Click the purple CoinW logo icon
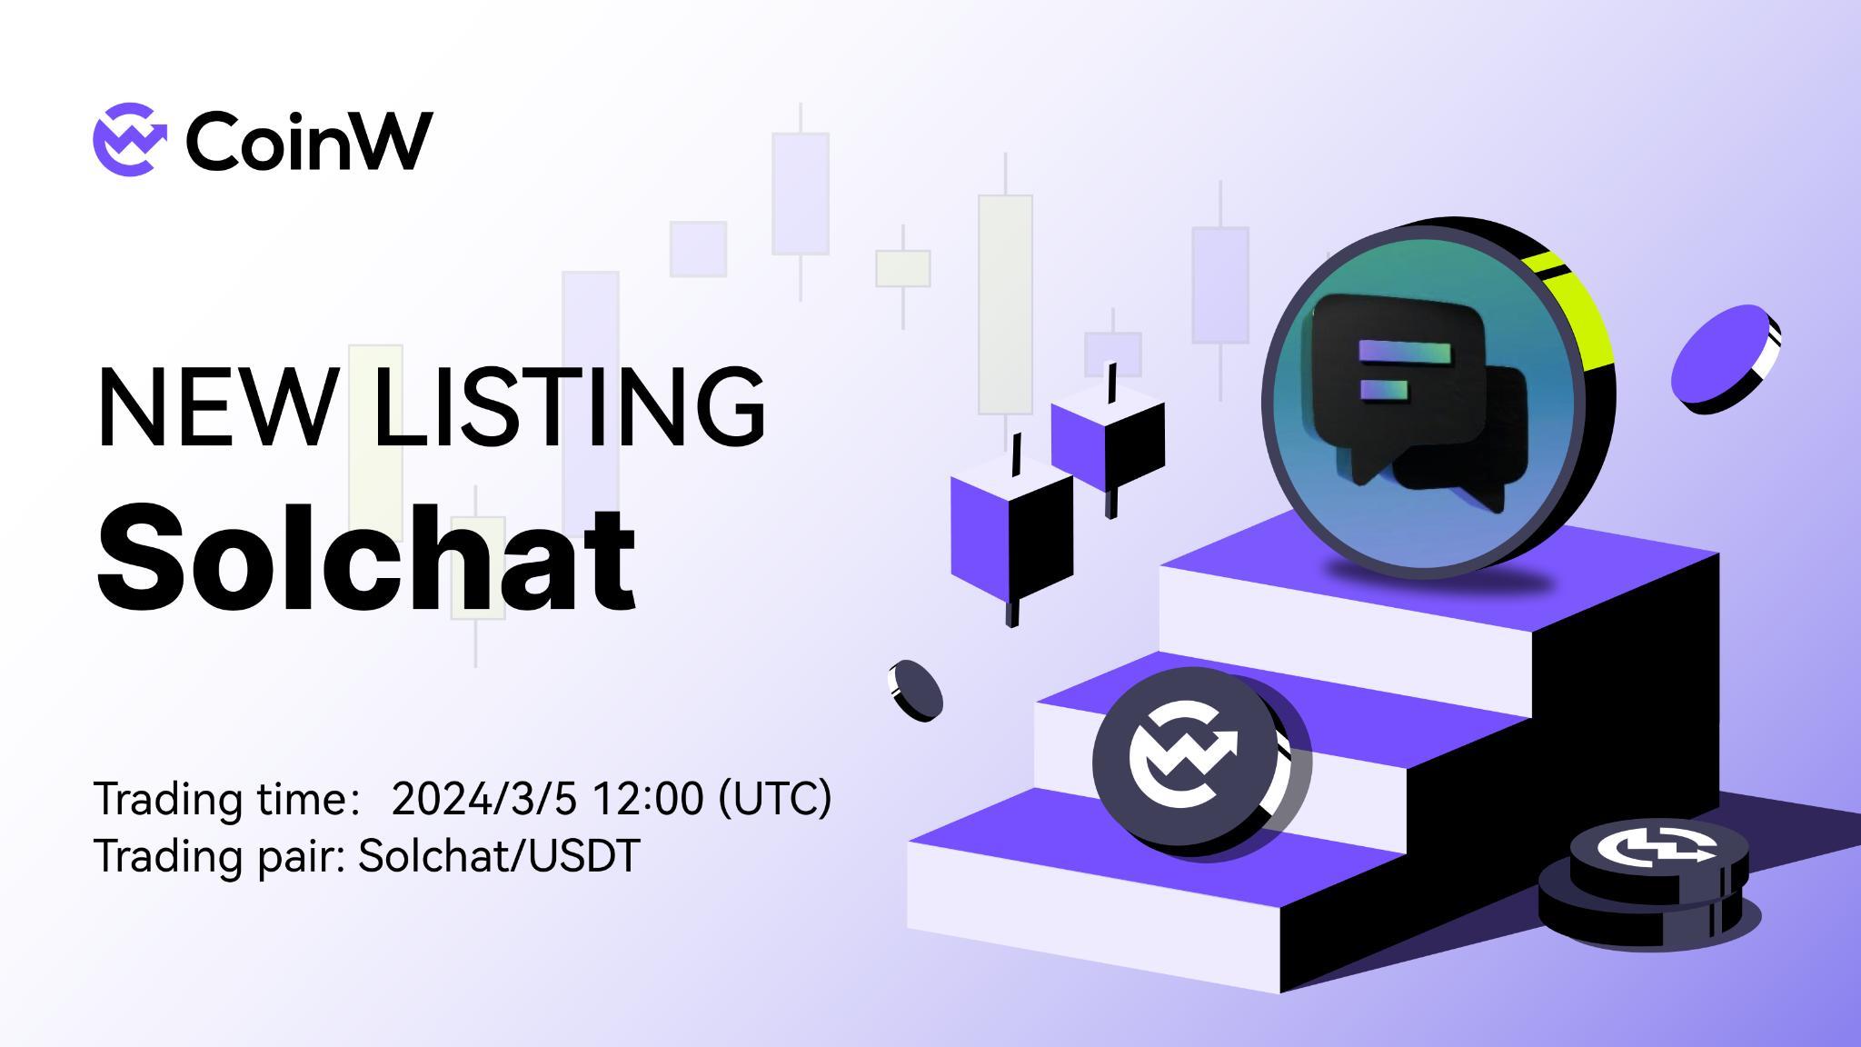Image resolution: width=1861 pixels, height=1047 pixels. (130, 139)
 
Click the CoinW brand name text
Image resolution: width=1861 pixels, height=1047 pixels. (309, 141)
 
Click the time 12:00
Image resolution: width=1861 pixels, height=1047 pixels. (647, 799)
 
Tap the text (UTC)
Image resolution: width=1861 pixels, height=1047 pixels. (775, 799)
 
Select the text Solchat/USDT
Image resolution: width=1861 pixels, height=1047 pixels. (499, 856)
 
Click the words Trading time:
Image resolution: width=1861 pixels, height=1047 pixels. (223, 799)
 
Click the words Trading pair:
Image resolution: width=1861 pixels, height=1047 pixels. (219, 856)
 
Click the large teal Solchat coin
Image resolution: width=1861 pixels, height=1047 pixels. (1422, 400)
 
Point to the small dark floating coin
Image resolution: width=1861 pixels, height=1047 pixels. (915, 691)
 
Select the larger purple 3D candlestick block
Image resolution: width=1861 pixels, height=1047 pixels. (1010, 536)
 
